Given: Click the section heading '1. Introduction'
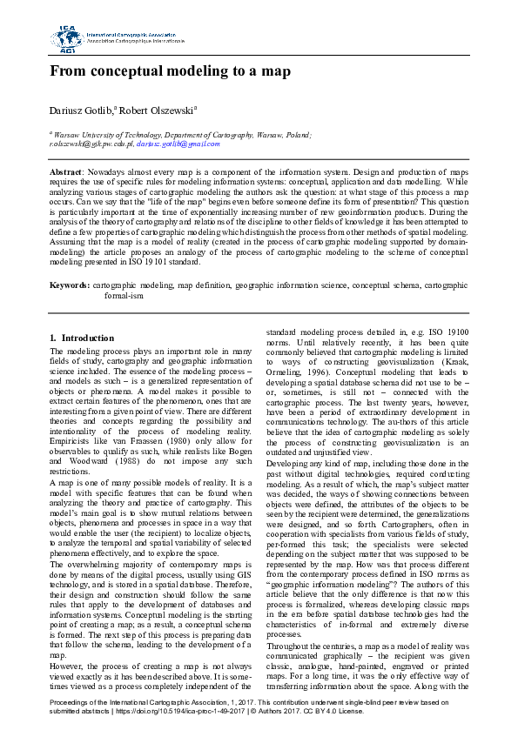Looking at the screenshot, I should click(x=82, y=337).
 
